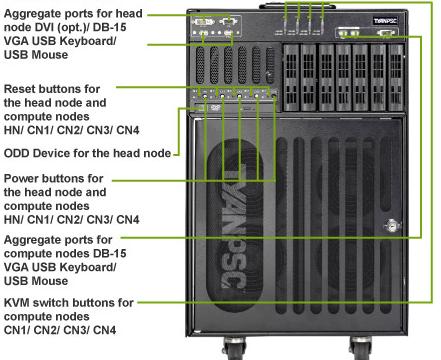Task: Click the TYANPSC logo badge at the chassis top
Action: coord(385,21)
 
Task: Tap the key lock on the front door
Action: coord(392,226)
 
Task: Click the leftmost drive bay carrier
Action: coord(291,78)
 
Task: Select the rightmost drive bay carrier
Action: coord(396,78)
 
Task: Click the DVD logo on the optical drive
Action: coord(216,107)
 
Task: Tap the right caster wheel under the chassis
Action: coord(360,348)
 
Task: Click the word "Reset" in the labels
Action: coord(21,89)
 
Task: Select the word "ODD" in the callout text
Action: coord(16,153)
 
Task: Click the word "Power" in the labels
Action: coord(22,178)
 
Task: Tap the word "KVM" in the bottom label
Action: coord(16,303)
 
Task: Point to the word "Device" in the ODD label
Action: coord(51,153)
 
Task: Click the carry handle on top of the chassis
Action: coord(298,6)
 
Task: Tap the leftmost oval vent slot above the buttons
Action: coord(200,65)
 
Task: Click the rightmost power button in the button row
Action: coord(274,95)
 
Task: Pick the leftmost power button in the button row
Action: coord(205,96)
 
